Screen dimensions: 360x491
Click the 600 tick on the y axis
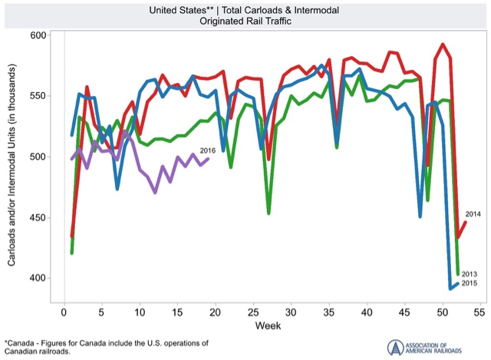tap(38, 35)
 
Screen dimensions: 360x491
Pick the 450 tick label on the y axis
tap(38, 217)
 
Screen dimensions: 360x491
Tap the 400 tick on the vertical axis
tap(38, 278)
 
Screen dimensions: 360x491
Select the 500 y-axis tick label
tap(38, 157)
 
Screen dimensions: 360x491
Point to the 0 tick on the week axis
tap(64, 314)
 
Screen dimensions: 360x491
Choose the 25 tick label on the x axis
tap(253, 314)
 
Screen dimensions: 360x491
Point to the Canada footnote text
tap(107, 345)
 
